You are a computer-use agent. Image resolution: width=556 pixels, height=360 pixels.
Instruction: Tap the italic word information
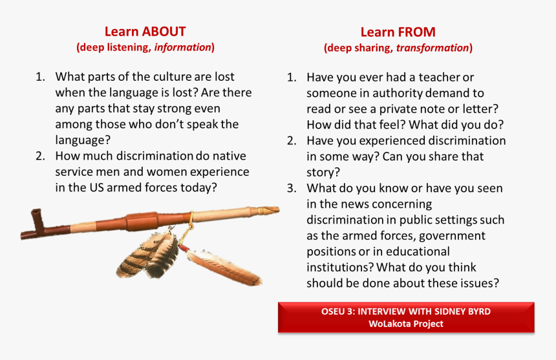[x=183, y=47]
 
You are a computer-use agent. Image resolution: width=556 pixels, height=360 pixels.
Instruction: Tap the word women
[x=167, y=172]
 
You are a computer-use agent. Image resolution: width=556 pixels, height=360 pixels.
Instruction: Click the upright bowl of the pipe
[x=36, y=218]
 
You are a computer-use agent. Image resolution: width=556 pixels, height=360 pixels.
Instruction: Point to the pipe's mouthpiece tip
[x=278, y=209]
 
